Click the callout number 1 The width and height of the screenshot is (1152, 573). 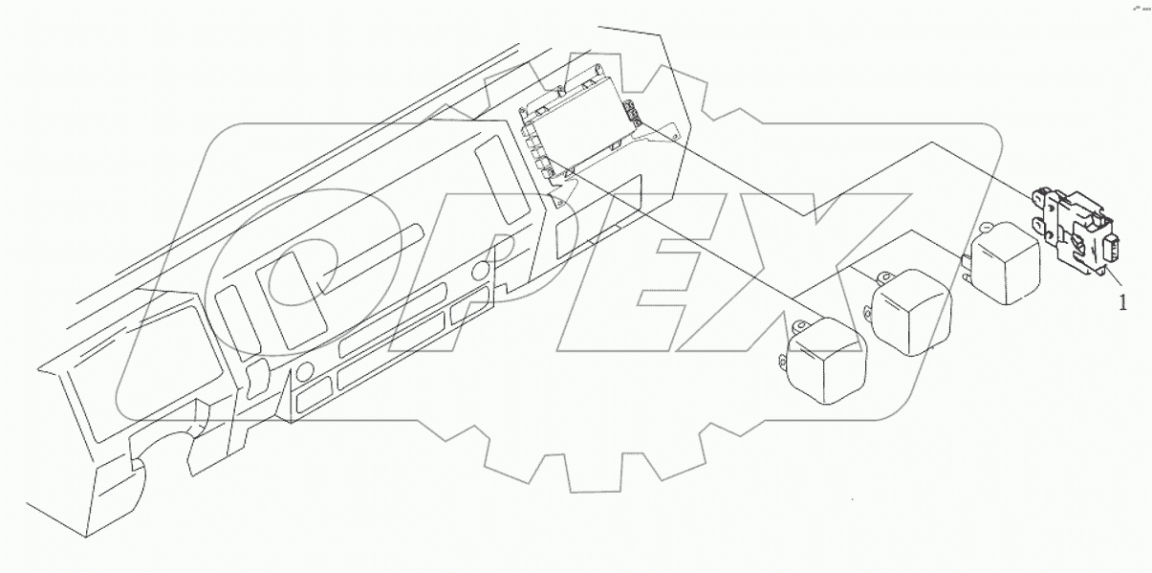tap(1123, 303)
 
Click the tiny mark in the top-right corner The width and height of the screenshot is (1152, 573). tap(1138, 7)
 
